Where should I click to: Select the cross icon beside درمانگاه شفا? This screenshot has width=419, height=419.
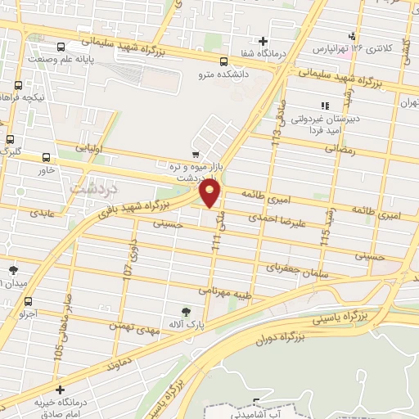[x=263, y=41]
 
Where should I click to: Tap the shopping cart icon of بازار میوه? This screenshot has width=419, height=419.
[x=195, y=153]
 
